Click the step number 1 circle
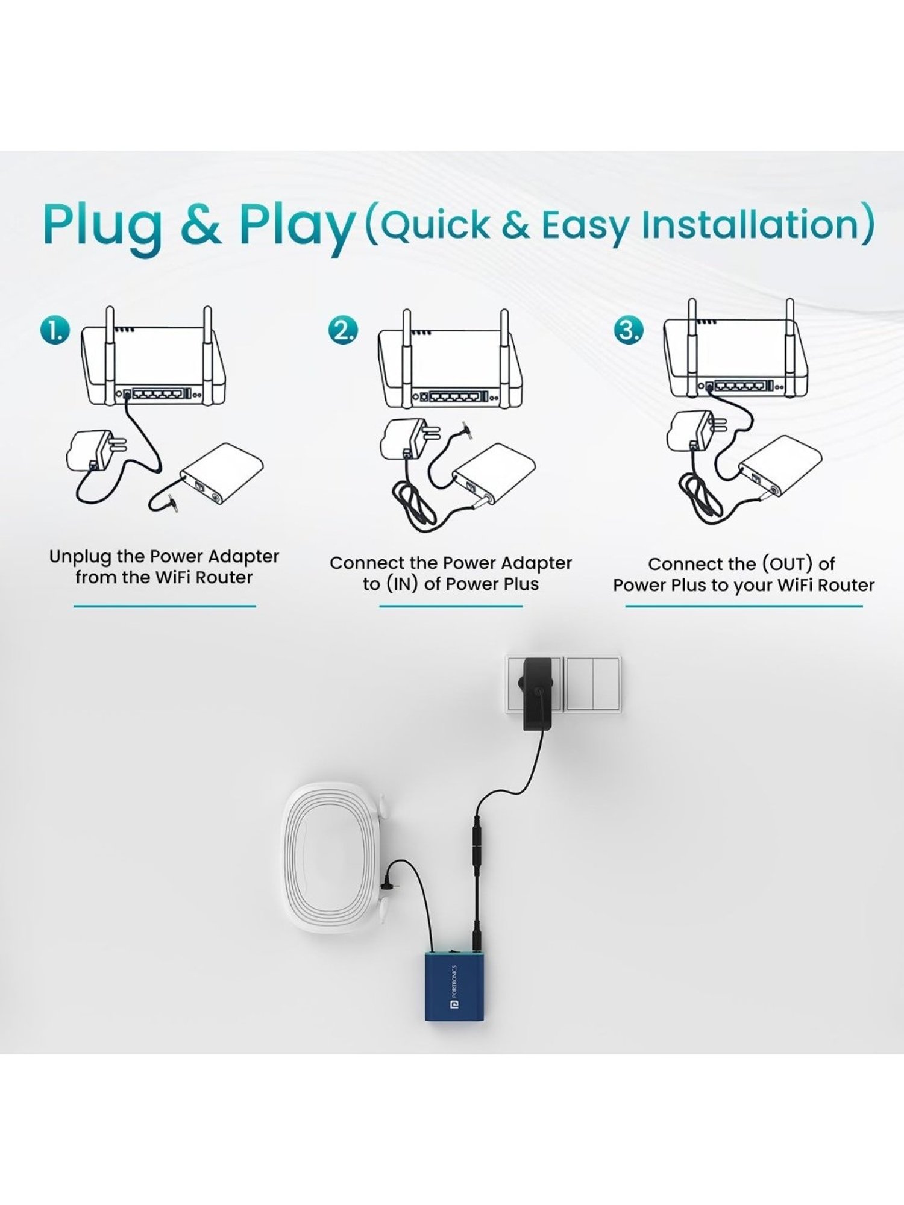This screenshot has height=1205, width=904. pyautogui.click(x=55, y=331)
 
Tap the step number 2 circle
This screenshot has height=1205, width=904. pyautogui.click(x=343, y=331)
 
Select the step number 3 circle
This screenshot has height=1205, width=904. pyautogui.click(x=629, y=331)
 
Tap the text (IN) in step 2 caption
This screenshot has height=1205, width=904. pyautogui.click(x=402, y=584)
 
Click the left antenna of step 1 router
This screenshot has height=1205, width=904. pyautogui.click(x=110, y=355)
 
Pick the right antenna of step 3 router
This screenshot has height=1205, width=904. pyautogui.click(x=789, y=348)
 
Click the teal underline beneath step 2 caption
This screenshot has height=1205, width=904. pyautogui.click(x=451, y=606)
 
